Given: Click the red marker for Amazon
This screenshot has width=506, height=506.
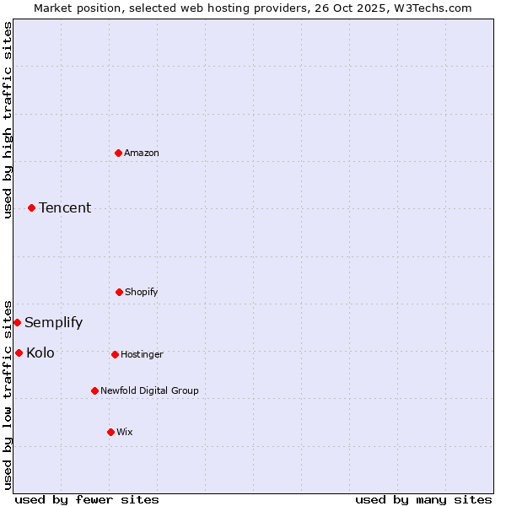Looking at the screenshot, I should [x=119, y=153].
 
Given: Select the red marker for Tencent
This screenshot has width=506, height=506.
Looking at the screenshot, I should [x=32, y=207].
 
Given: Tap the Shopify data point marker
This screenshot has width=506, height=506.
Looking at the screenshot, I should [x=119, y=292].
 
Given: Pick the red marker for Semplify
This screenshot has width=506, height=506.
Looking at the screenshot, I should [x=17, y=322].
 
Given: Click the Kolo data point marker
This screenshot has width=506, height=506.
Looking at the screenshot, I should [x=19, y=353].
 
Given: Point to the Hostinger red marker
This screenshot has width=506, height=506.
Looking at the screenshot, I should [x=115, y=354].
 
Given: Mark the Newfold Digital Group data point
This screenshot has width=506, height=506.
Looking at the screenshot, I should [x=94, y=390].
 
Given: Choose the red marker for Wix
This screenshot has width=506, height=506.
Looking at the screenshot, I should [x=110, y=432].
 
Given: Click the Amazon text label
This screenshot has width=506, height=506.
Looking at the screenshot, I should [x=142, y=153].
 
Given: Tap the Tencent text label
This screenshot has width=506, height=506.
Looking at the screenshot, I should [x=65, y=207].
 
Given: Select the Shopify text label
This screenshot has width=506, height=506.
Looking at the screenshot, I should [x=142, y=292].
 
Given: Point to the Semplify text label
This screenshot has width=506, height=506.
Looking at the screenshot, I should [x=53, y=322].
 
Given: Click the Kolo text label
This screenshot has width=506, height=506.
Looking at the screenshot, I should [x=40, y=353].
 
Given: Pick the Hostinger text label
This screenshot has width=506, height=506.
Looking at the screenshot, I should [x=142, y=354].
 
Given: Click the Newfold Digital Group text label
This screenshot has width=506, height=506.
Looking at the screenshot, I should [x=149, y=390].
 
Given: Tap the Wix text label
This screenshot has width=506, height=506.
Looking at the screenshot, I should [x=125, y=432].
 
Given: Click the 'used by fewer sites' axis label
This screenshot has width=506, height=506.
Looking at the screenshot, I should [x=87, y=499].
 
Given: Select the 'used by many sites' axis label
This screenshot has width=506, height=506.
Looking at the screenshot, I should [x=423, y=499].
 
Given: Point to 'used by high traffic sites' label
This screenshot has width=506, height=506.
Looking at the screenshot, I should [x=8, y=120].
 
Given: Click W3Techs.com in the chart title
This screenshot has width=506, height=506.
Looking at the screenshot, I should [x=431, y=8].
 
